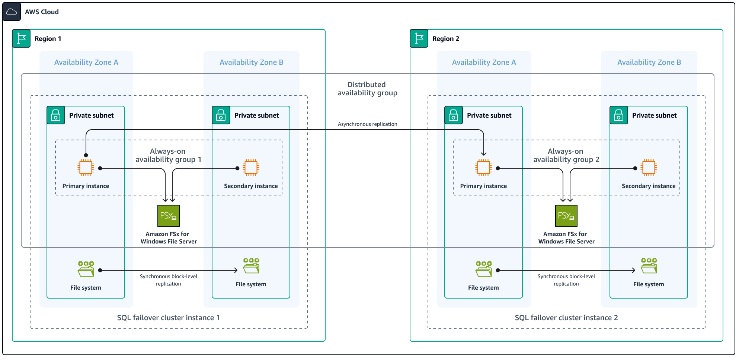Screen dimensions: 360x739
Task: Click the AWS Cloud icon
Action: pyautogui.click(x=12, y=12)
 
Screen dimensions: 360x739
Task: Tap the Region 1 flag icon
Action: pyautogui.click(x=21, y=38)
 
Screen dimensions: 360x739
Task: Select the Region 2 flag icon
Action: pyautogui.click(x=419, y=38)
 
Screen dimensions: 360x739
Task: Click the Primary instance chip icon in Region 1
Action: pyautogui.click(x=86, y=168)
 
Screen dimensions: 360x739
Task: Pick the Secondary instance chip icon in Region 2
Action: pyautogui.click(x=649, y=168)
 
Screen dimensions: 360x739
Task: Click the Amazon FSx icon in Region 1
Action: pyautogui.click(x=169, y=216)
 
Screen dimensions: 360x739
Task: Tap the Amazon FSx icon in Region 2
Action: pyautogui.click(x=566, y=216)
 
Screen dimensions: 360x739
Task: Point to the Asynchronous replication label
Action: pyautogui.click(x=367, y=124)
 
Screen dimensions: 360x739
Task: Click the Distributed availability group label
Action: pyautogui.click(x=367, y=89)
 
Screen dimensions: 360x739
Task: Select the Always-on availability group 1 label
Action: pyautogui.click(x=168, y=155)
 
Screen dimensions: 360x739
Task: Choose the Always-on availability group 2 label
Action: pyautogui.click(x=566, y=155)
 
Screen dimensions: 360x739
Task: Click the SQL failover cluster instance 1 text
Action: pyautogui.click(x=168, y=318)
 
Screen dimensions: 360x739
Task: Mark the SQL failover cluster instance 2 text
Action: pyautogui.click(x=566, y=318)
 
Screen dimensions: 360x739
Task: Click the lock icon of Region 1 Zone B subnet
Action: pyautogui.click(x=221, y=115)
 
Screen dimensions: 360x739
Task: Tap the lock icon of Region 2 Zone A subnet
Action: pyautogui.click(x=454, y=115)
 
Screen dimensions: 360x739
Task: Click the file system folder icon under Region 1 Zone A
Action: pyautogui.click(x=86, y=269)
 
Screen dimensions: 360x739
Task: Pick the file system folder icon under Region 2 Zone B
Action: pyautogui.click(x=649, y=266)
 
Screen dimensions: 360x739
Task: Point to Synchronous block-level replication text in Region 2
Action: pyautogui.click(x=566, y=280)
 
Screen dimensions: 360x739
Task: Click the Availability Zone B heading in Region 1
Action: pyautogui.click(x=251, y=62)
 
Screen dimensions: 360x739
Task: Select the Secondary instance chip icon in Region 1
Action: pyautogui.click(x=251, y=168)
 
